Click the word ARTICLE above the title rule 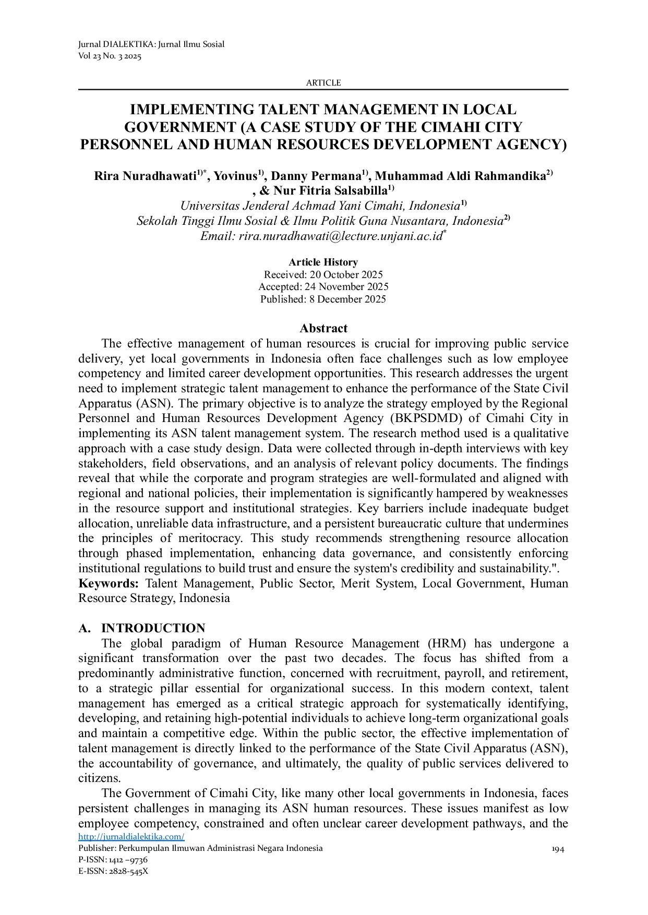[x=323, y=82]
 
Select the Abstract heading [x=323, y=328]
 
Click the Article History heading [x=323, y=262]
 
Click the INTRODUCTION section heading [x=153, y=628]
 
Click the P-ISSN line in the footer [x=113, y=859]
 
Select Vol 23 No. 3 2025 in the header [x=110, y=56]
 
